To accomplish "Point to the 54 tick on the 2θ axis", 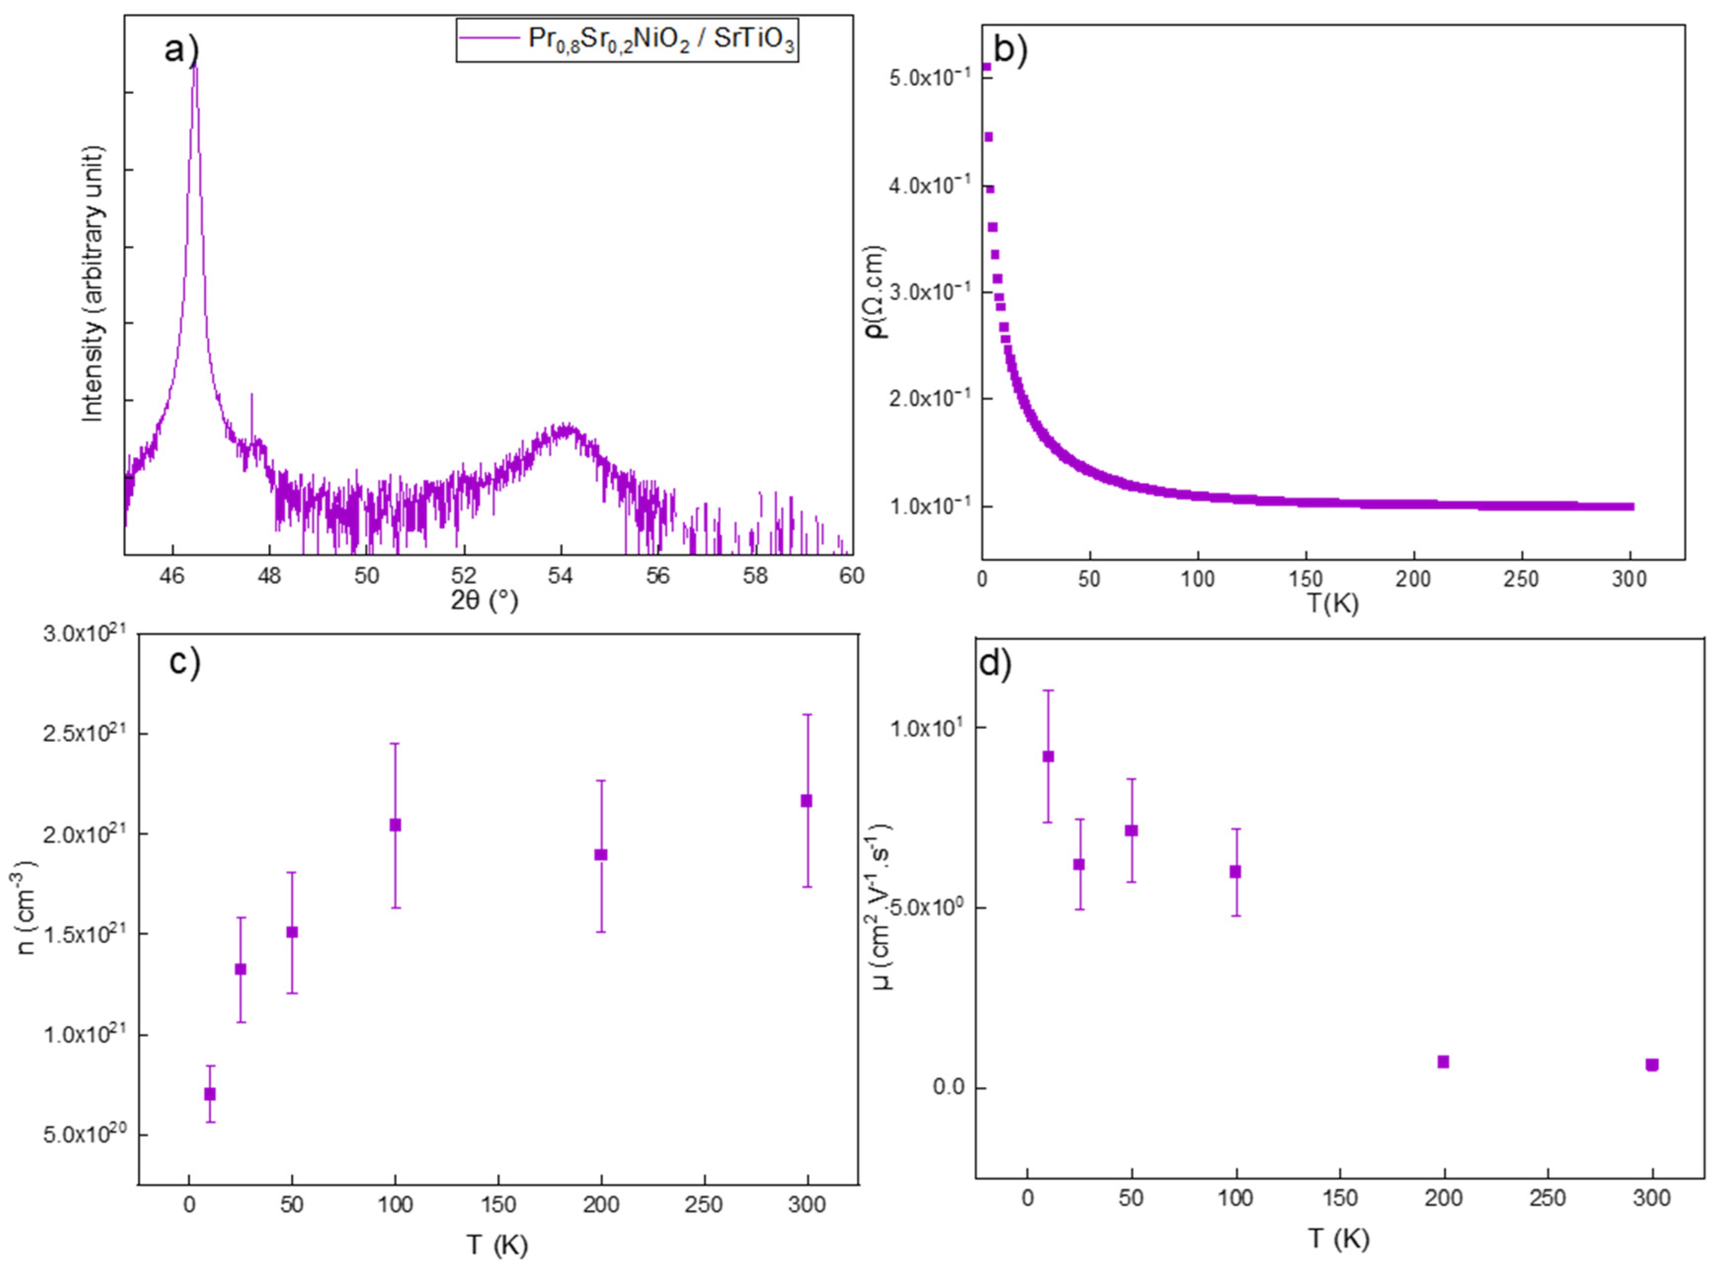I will pos(561,576).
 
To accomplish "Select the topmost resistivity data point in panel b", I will pos(986,67).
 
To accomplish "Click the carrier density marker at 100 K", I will pos(395,825).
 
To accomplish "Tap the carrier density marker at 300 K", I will pos(806,801).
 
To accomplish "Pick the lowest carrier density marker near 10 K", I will pos(209,1094).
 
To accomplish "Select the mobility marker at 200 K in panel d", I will pos(1443,1062).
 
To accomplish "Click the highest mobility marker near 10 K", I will pos(1047,756).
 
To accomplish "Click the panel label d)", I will pos(995,664).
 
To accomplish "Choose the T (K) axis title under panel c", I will pos(496,1244).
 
